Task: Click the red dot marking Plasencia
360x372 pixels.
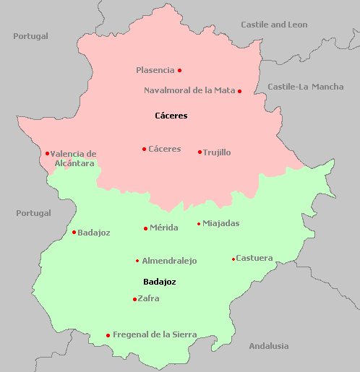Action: tap(179, 70)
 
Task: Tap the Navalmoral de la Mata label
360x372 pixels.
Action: tap(189, 90)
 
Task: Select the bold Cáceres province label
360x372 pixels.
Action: tap(171, 116)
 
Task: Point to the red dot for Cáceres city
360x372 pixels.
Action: tap(144, 150)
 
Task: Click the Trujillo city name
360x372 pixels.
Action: tap(217, 152)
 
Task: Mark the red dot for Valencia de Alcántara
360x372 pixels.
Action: tap(47, 153)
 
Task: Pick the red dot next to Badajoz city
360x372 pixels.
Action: tap(74, 232)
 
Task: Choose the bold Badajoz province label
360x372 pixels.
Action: tap(160, 282)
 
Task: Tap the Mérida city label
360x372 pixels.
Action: tap(164, 228)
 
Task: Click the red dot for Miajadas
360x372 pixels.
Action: tap(199, 224)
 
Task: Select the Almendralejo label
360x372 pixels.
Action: tap(169, 261)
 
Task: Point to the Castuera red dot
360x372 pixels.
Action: tap(233, 259)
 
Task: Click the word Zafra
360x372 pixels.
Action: tap(148, 298)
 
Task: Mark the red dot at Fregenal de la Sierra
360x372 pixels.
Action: tap(108, 335)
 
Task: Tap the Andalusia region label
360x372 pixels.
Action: tap(268, 346)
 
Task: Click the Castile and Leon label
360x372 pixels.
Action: tap(274, 25)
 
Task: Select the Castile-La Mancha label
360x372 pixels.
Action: tap(306, 87)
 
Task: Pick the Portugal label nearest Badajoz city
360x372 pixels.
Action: tap(33, 213)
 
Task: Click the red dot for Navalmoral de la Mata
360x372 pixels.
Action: tap(239, 91)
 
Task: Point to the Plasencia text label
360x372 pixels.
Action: tap(155, 70)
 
